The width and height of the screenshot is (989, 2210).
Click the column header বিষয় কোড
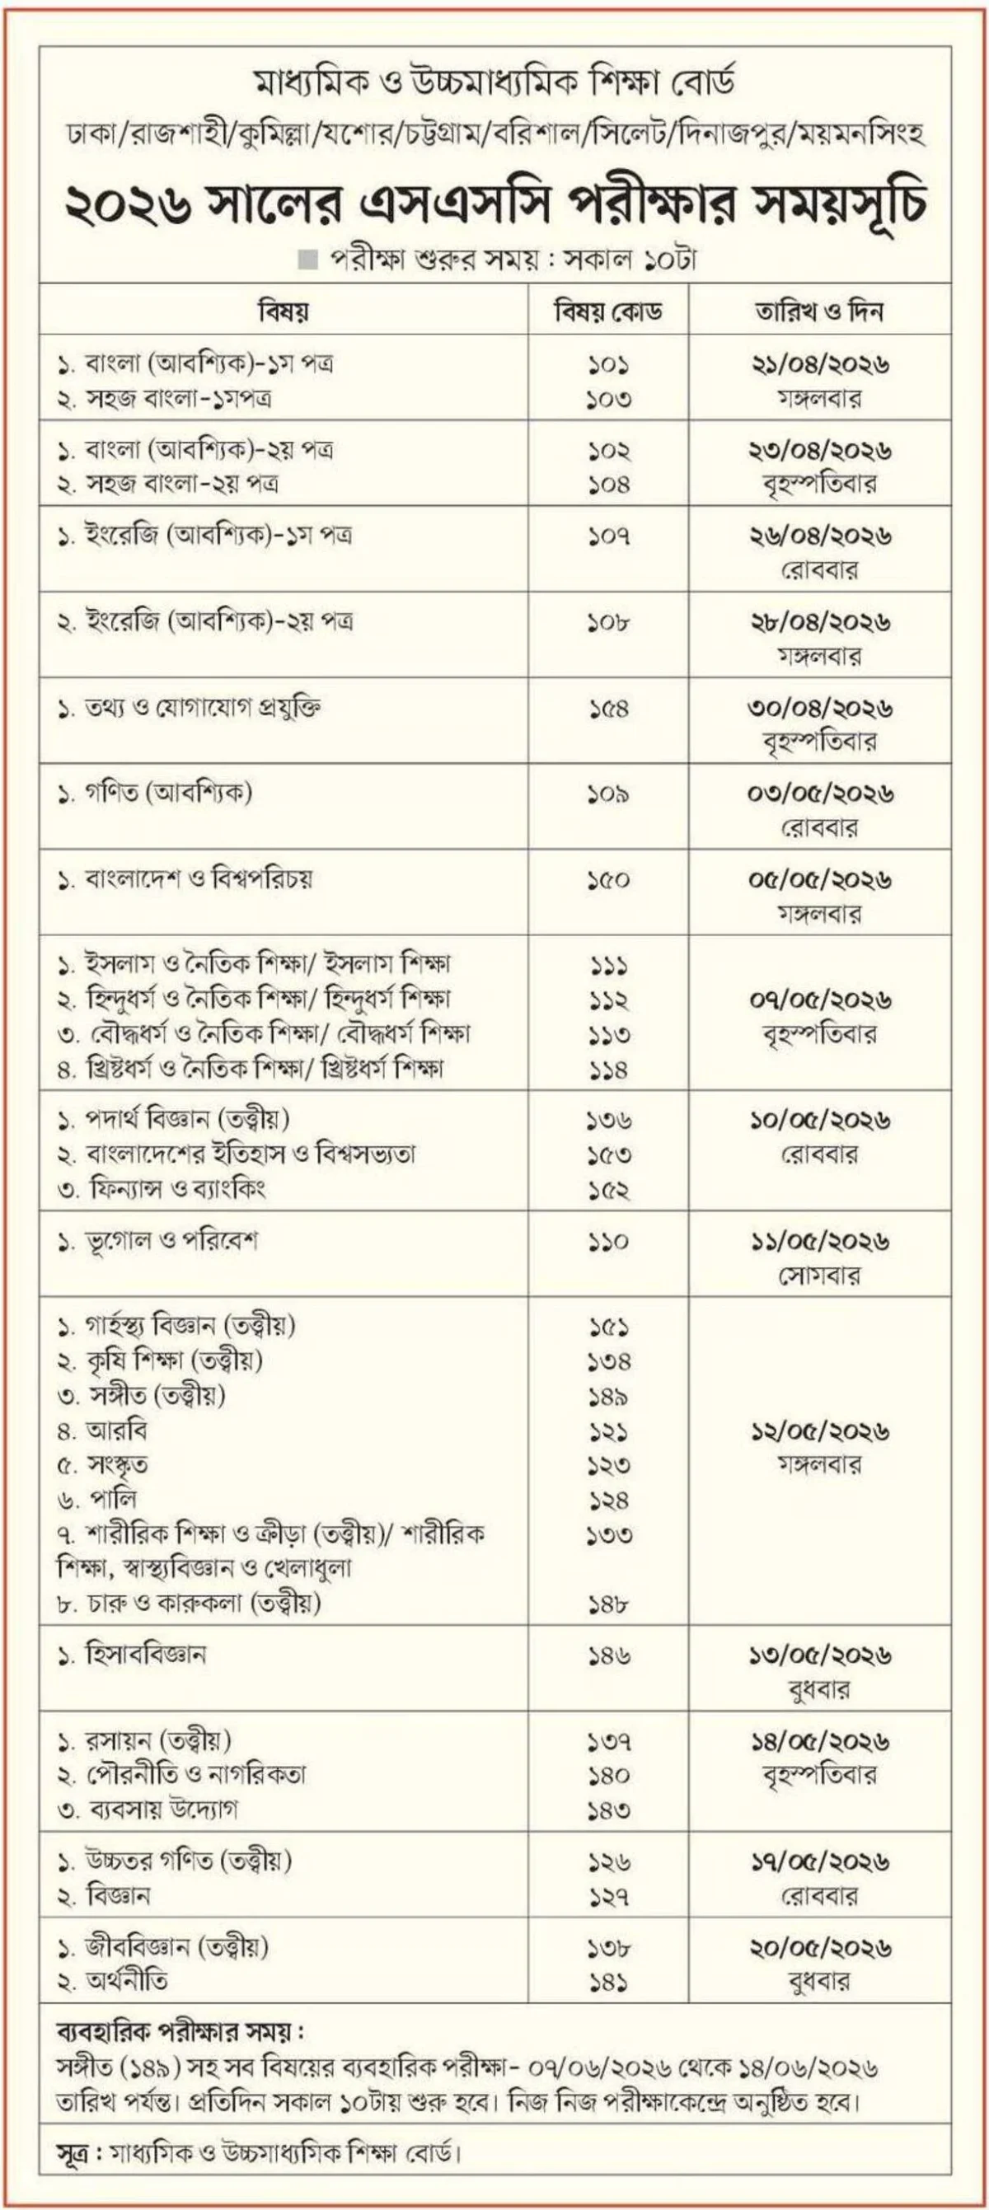[608, 311]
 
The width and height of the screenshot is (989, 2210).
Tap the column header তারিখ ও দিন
[819, 311]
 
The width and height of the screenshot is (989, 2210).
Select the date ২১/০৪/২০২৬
[820, 363]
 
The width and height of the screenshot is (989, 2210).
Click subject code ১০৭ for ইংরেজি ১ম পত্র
[609, 536]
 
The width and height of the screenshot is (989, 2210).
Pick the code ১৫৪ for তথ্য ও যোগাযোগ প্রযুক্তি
[609, 709]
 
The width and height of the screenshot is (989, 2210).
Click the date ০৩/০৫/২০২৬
[820, 794]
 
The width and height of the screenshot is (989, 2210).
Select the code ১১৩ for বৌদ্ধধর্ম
[609, 1036]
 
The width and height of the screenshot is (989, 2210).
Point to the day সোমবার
[819, 1276]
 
